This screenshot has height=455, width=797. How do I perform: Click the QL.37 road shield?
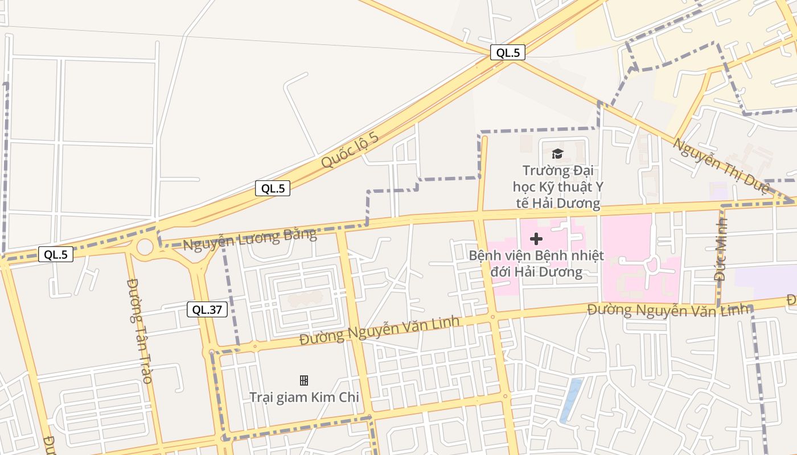207,309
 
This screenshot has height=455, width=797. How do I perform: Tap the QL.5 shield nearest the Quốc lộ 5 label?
273,188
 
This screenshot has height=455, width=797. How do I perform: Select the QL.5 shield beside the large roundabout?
56,254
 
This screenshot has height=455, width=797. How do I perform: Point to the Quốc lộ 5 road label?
350,151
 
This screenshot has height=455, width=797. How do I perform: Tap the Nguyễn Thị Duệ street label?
721,165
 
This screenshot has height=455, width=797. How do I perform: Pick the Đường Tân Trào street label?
139,330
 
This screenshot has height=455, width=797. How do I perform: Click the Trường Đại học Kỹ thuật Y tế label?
556,187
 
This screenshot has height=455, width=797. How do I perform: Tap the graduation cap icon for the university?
557,154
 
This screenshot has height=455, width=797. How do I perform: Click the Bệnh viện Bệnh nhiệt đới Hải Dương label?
536,263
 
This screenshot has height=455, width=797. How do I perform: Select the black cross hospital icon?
536,239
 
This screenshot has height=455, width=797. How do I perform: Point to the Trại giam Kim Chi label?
304,397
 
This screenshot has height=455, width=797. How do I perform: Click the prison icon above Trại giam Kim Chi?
304,380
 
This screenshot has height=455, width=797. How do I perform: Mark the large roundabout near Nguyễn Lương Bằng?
145,247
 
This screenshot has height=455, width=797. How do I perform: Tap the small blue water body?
571,400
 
